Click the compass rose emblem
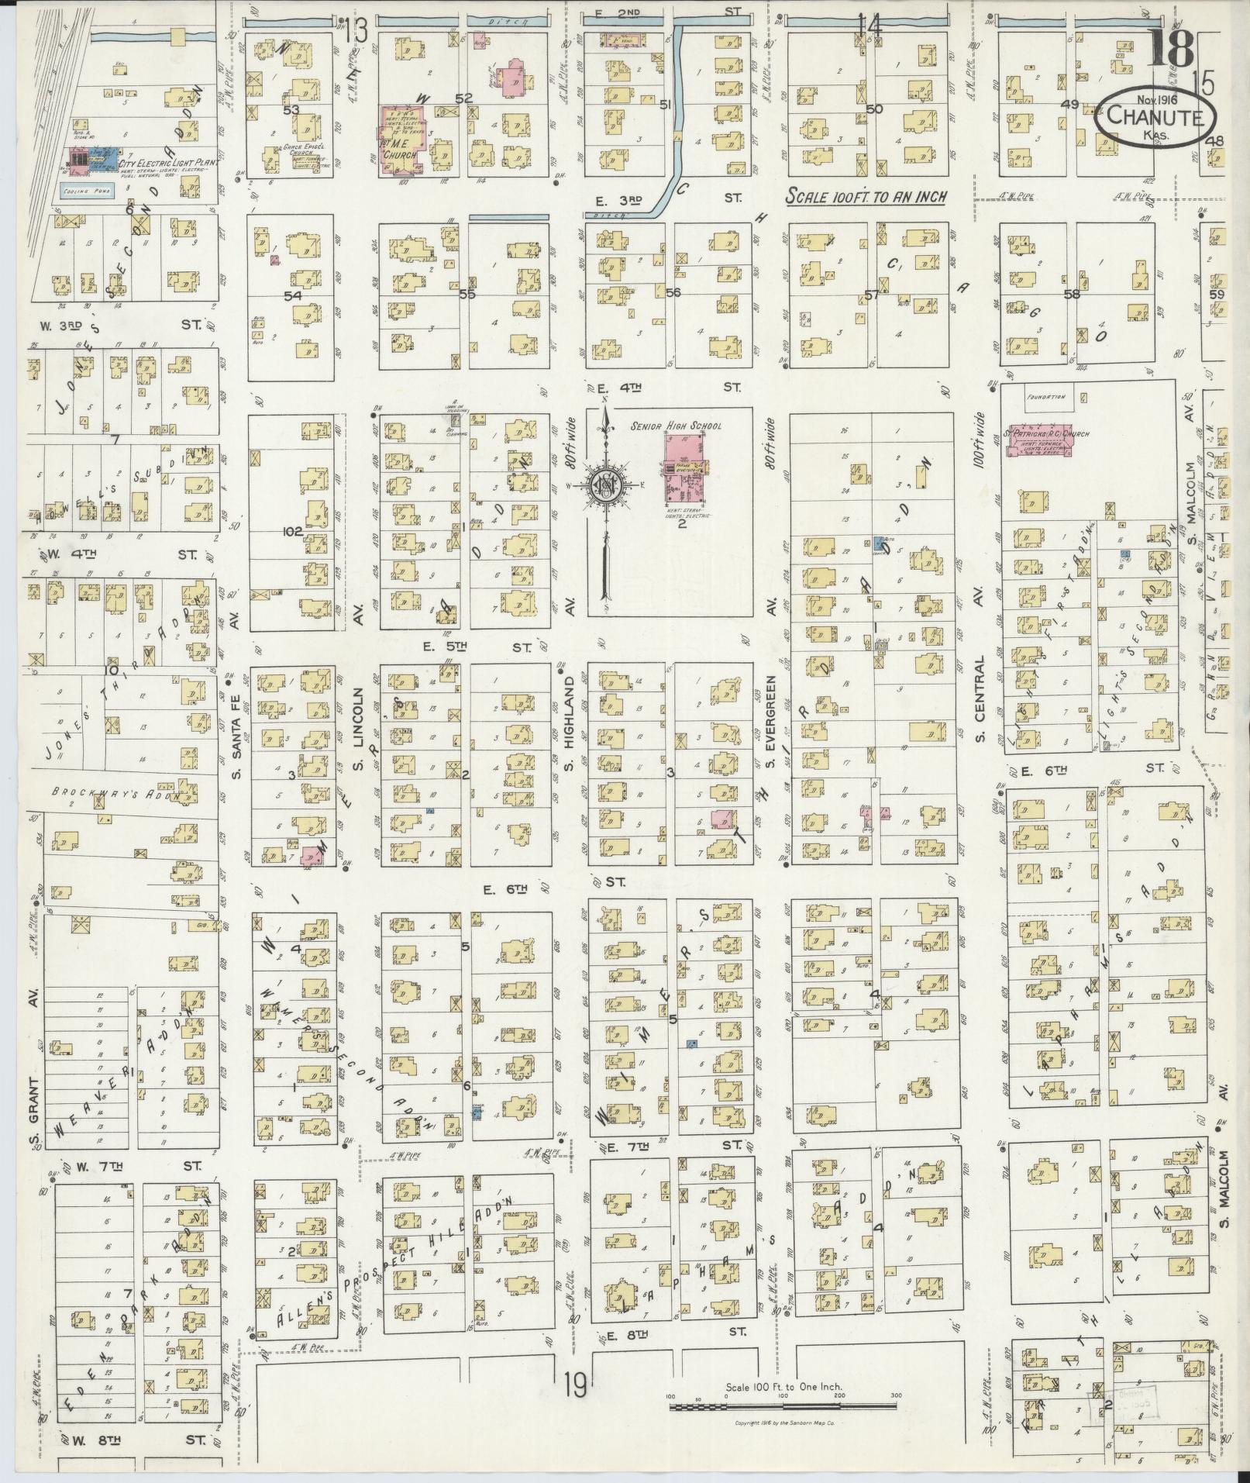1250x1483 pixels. click(x=604, y=487)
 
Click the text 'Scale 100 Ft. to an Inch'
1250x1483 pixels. click(x=866, y=198)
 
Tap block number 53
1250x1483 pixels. click(x=291, y=110)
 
